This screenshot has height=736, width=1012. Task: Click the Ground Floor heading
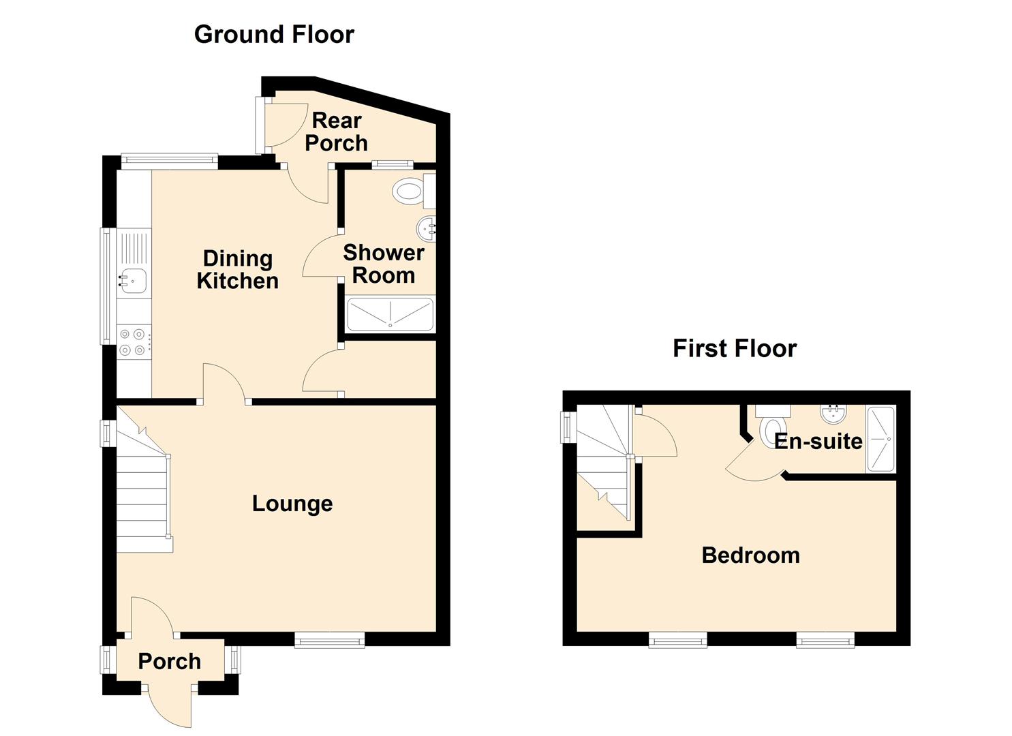[274, 35]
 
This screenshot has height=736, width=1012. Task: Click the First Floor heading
[735, 348]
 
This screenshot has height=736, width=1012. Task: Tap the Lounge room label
[292, 504]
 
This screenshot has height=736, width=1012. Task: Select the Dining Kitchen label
[238, 269]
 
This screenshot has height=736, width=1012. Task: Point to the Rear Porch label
[336, 132]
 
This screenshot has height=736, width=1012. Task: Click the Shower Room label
[384, 264]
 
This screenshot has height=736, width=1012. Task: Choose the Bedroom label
[750, 555]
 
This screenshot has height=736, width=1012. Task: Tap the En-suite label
[818, 441]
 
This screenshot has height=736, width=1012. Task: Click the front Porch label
[170, 662]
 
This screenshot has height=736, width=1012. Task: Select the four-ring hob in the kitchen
[134, 342]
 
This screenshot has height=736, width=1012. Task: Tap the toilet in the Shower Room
[414, 191]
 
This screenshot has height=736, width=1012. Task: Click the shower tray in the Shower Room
[390, 314]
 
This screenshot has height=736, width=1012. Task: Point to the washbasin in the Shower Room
[427, 229]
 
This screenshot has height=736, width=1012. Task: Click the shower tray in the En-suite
[880, 439]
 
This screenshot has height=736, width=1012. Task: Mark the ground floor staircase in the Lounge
[144, 479]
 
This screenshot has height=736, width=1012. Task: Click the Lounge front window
[330, 640]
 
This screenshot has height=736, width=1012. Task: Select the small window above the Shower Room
[392, 164]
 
